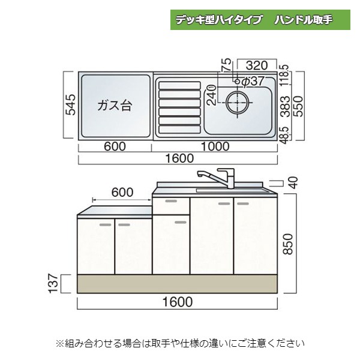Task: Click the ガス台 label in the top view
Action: click(x=114, y=106)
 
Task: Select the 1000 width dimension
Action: click(x=215, y=146)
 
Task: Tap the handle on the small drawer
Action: click(x=171, y=201)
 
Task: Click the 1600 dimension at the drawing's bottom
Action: click(x=178, y=301)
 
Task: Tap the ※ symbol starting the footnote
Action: click(x=59, y=344)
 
